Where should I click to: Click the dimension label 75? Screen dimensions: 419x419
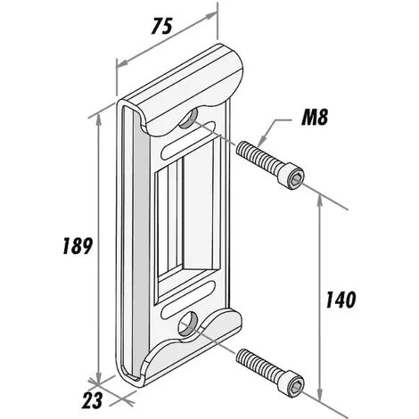tap(162, 26)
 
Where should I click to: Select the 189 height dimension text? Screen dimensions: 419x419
tap(78, 246)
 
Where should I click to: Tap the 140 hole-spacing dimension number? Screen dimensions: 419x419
tap(341, 300)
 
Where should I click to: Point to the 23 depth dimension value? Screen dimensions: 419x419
tap(92, 400)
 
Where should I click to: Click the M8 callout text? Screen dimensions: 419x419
tap(315, 118)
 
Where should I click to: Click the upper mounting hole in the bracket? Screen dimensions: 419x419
tap(189, 118)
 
